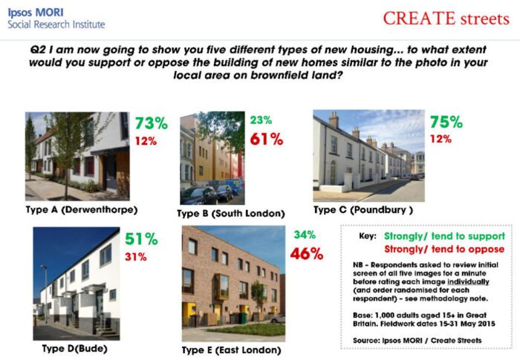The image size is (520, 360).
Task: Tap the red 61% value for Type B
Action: tap(267, 139)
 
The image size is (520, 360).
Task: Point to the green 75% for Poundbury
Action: tap(446, 122)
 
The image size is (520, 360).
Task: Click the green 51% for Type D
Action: tap(141, 239)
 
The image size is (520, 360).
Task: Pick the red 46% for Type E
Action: tap(307, 254)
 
